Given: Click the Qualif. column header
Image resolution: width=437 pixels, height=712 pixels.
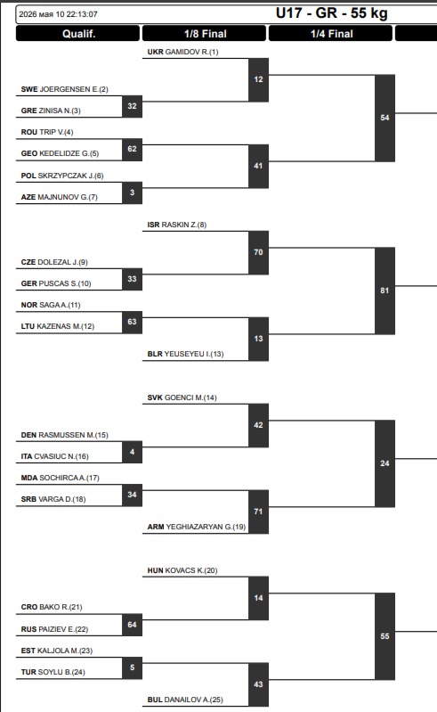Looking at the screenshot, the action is (78, 34).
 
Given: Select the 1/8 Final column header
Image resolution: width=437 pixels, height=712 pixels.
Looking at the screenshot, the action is (205, 34).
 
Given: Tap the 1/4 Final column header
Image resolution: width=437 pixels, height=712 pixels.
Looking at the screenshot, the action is (331, 34).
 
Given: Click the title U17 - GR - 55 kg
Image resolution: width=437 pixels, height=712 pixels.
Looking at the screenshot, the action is (331, 13).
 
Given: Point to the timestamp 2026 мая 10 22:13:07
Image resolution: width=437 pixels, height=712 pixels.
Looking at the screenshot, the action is (58, 14).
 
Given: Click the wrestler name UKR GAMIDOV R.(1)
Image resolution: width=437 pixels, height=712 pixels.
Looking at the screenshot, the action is (182, 52).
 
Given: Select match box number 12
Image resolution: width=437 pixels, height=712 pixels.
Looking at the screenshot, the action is (258, 79).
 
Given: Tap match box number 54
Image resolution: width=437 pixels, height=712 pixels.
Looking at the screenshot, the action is (384, 118).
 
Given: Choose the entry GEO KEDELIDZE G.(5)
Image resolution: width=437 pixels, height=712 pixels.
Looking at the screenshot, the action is (60, 153).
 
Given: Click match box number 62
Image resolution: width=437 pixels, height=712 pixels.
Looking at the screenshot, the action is (132, 150).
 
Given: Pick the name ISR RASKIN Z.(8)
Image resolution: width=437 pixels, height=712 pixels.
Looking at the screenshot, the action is (177, 225).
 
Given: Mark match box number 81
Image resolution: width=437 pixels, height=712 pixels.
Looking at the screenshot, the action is (384, 291).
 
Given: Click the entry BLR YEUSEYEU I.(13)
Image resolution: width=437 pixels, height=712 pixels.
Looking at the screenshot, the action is (185, 354).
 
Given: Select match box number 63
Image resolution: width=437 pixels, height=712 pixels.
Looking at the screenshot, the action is (132, 323).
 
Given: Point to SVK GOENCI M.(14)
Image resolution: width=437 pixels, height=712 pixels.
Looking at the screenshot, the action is (182, 397).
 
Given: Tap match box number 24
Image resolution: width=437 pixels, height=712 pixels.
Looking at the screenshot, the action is (384, 463).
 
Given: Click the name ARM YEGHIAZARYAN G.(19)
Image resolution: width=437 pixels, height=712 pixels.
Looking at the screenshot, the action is (197, 527).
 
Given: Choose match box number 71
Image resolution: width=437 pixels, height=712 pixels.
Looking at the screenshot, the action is (258, 511).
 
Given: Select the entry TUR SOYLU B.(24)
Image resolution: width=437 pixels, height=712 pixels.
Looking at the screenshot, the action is (53, 672).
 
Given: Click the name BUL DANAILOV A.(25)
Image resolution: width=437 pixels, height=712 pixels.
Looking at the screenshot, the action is (185, 700).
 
